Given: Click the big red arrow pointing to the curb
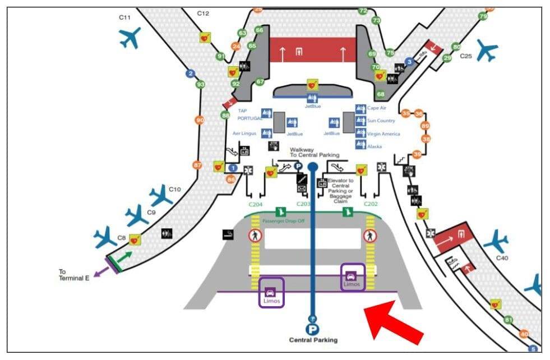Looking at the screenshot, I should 394,322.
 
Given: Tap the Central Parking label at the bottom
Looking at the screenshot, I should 313,340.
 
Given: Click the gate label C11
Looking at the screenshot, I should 124,17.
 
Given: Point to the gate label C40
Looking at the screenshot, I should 502,259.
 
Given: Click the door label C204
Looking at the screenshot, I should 256,204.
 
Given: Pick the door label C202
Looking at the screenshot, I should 371,204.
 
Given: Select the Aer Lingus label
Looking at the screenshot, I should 244,133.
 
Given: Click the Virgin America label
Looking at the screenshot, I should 383,134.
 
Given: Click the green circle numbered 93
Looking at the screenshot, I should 200,85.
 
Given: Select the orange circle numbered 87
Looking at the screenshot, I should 197,165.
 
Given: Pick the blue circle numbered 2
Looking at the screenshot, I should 191,73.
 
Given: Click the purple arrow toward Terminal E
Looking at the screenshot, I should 101,273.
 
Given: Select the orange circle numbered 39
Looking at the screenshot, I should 417,154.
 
